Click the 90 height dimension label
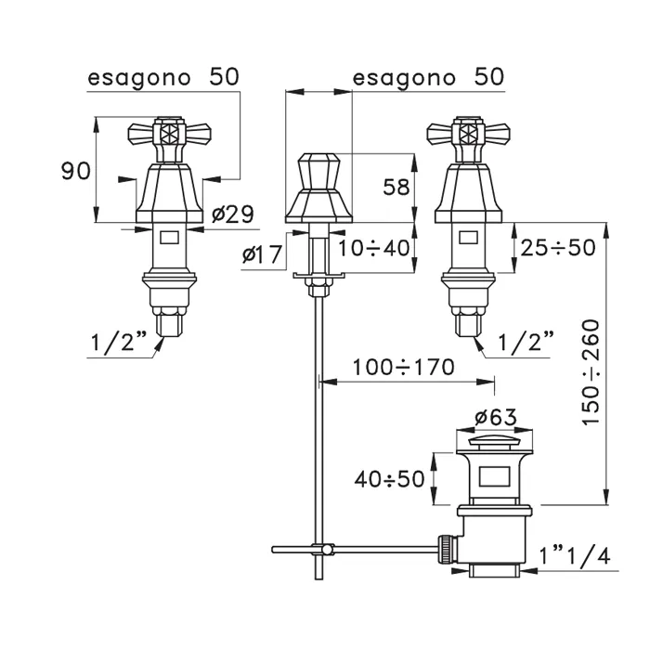click(x=75, y=170)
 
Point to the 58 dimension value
click(x=396, y=188)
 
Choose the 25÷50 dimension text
click(x=558, y=249)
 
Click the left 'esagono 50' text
click(x=163, y=78)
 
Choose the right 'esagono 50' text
click(x=428, y=78)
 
